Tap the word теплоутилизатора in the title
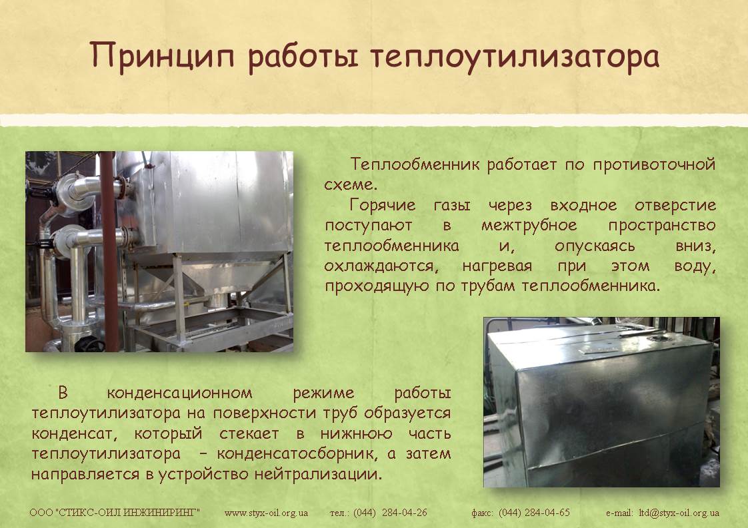coord(515,56)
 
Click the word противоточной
coord(655,164)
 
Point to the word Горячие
coord(383,205)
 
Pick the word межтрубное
coord(529,226)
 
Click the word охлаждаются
coord(381,266)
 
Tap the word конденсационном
coord(179,393)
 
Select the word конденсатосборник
coord(296,453)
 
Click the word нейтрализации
coord(318,475)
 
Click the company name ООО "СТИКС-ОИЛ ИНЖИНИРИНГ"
coord(115,513)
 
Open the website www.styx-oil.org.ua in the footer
coord(266,513)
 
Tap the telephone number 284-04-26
coord(405,513)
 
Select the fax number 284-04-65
coord(547,513)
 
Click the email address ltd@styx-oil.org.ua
coord(679,513)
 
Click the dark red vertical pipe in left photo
coord(109,252)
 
